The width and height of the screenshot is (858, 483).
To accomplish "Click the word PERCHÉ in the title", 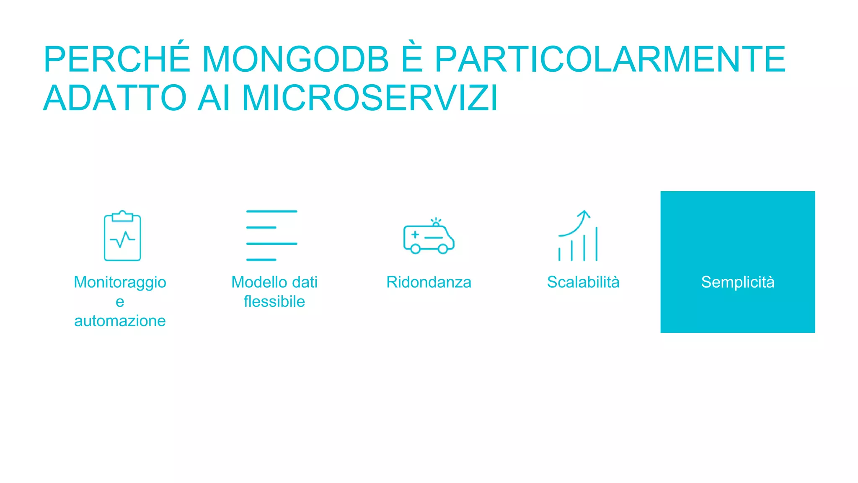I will point(117,60).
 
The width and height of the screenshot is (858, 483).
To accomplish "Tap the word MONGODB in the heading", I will point(295,60).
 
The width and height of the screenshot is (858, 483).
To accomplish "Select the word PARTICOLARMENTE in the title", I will point(610,60).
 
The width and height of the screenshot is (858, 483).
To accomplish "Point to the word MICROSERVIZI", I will point(370,98).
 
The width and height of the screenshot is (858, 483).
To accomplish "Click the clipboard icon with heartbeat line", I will point(122,236).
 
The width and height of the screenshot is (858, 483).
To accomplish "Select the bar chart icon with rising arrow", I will point(578,236).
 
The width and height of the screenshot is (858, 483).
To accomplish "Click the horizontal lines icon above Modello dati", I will point(271,236).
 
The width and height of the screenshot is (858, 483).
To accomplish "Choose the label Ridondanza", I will point(429,282).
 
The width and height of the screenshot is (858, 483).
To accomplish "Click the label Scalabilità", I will point(583,282).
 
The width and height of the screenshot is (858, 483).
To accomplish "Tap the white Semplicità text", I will point(737,282).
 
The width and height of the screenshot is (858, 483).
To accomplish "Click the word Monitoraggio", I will point(120,282).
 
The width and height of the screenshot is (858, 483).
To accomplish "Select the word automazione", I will point(120,321).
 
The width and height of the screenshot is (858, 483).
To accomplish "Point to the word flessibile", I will point(274,301).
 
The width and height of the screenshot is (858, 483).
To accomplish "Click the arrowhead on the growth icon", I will point(584,214).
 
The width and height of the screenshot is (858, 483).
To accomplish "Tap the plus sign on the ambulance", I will point(415,234).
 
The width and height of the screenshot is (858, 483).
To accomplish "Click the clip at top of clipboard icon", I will point(122,216).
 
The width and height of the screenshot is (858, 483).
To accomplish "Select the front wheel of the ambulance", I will point(442,249).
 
